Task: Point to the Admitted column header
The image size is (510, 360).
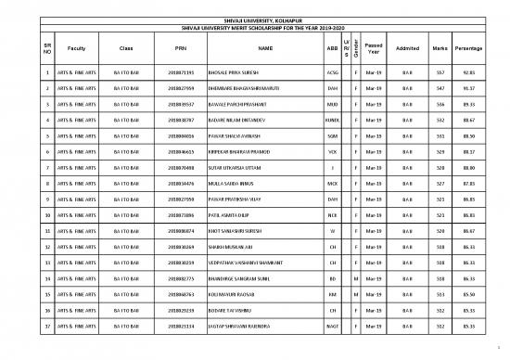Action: (x=406, y=47)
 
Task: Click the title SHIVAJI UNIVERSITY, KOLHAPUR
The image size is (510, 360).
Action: (x=255, y=19)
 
